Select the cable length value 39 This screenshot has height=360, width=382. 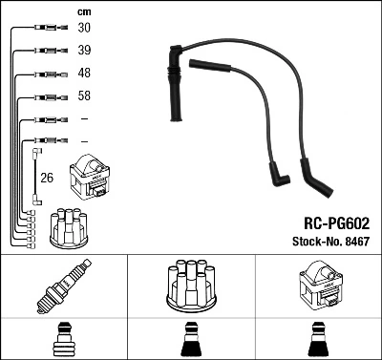(84, 50)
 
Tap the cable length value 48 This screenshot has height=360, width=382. (84, 74)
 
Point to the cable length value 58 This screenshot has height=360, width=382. (84, 96)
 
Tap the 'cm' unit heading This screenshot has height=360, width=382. (82, 11)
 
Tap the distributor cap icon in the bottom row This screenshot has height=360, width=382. (191, 287)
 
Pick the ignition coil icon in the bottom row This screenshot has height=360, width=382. (317, 288)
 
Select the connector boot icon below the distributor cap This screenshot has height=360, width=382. (191, 340)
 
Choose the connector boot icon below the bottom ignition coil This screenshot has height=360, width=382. (317, 340)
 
